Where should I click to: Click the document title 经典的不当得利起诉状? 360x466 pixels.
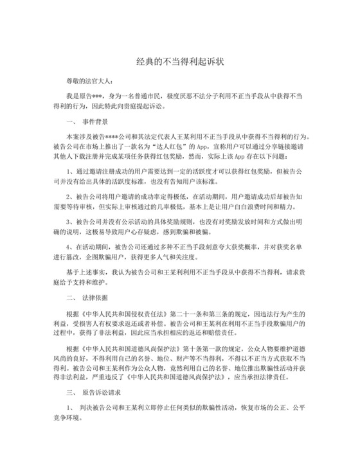click(179, 60)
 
